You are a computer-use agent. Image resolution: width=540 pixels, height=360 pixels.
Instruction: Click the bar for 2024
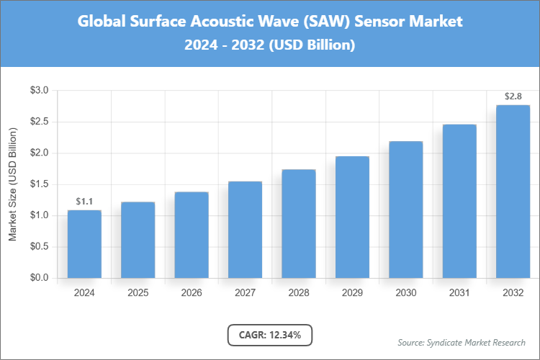(x=84, y=244)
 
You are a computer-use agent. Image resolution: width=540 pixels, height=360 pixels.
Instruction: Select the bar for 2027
(x=245, y=230)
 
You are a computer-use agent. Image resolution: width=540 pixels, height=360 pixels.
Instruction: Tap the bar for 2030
(x=405, y=210)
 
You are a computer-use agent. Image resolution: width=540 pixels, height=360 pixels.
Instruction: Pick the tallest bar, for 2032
(x=513, y=192)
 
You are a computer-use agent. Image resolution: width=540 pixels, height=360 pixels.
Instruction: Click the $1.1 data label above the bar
(x=84, y=201)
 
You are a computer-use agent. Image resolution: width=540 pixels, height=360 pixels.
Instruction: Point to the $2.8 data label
(x=513, y=96)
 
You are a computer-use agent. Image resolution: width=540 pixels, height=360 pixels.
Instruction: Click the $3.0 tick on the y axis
(x=39, y=91)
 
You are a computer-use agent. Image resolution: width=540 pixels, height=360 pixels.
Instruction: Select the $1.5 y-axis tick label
(x=39, y=184)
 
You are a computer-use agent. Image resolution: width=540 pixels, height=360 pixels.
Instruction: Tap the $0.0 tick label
(x=39, y=278)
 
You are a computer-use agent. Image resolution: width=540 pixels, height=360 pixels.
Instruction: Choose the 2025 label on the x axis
(x=138, y=293)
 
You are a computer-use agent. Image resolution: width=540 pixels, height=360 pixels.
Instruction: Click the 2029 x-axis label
(x=352, y=293)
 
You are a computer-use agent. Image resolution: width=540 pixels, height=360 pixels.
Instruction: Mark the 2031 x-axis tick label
(x=459, y=293)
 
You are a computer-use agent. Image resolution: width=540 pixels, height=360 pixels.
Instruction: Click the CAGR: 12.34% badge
(x=270, y=335)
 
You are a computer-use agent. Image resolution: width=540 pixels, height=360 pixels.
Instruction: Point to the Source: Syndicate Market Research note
(x=461, y=342)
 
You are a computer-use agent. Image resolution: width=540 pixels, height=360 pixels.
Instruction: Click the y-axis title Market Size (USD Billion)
(x=12, y=184)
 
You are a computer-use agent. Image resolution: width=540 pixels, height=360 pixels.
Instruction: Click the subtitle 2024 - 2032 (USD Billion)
(x=270, y=45)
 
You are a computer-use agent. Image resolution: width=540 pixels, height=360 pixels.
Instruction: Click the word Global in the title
(x=101, y=22)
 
